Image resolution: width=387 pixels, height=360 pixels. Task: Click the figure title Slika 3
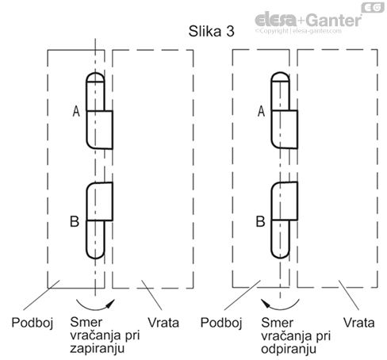click(x=211, y=31)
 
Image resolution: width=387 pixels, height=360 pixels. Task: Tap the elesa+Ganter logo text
click(x=308, y=20)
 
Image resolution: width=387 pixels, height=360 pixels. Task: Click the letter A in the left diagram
click(x=76, y=111)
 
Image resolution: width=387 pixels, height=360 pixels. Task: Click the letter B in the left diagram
click(x=75, y=221)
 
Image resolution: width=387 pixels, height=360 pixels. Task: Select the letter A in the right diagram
click(x=261, y=111)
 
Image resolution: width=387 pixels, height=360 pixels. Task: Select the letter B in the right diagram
click(x=260, y=221)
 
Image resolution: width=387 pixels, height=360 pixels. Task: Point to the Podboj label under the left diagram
click(x=33, y=323)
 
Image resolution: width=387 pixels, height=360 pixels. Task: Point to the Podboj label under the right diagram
click(x=221, y=323)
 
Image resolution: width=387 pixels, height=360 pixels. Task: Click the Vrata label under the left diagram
click(x=163, y=323)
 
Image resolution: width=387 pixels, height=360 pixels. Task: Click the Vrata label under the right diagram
click(x=358, y=323)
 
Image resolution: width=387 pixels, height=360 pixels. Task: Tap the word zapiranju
click(x=97, y=348)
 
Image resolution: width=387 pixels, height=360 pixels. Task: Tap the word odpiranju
click(x=289, y=349)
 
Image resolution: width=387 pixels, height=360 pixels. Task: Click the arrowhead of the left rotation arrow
click(x=110, y=304)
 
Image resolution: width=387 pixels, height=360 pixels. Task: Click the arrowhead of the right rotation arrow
click(x=266, y=303)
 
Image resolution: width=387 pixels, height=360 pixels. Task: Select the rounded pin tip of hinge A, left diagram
click(x=95, y=77)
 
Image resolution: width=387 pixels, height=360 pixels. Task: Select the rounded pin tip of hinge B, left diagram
click(x=95, y=253)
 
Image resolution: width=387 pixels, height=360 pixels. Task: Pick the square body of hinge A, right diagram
click(x=285, y=129)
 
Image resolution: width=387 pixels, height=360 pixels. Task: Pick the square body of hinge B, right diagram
click(x=285, y=201)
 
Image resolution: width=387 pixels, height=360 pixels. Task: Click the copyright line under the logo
click(x=298, y=31)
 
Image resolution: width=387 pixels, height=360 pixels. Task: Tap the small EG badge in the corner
click(x=373, y=7)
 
